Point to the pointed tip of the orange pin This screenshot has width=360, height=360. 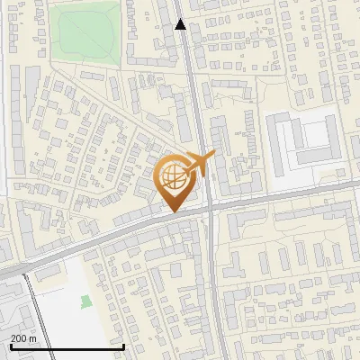(x=172, y=212)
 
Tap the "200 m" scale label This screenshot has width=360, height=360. (x=23, y=337)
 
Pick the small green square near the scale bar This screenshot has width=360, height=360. (x=86, y=301)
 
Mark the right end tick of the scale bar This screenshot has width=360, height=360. (x=124, y=344)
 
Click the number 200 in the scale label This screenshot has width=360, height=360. (x=19, y=337)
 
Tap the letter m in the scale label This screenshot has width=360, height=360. (x=33, y=337)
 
